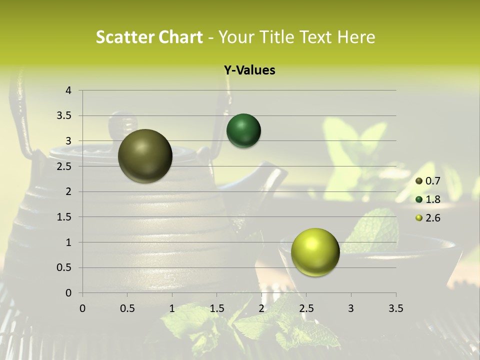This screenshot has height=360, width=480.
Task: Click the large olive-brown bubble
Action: (145, 156)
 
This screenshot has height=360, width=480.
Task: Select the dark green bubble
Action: (243, 131)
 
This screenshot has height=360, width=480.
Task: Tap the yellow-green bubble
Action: (315, 252)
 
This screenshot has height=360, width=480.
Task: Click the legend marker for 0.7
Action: (419, 181)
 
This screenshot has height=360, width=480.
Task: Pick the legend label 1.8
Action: (432, 199)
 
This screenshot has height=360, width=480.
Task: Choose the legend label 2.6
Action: (432, 218)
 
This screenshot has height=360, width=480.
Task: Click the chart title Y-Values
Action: (249, 70)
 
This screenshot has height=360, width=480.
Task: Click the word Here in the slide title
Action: (356, 37)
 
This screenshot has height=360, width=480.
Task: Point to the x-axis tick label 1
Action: (172, 308)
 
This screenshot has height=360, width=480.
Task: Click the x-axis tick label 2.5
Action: (306, 308)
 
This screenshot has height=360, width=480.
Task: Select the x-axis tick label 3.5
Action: (395, 308)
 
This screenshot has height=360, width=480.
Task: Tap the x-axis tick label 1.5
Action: (216, 308)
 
